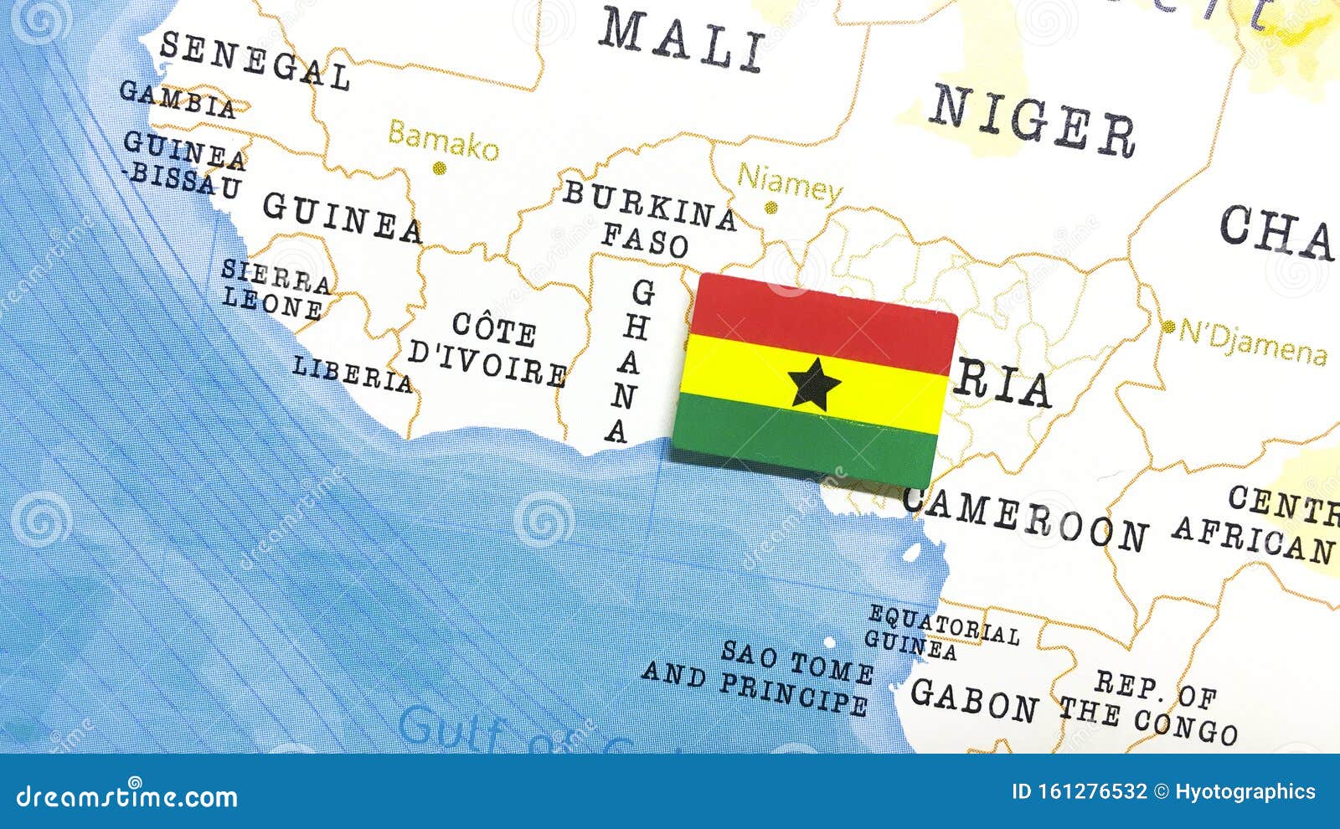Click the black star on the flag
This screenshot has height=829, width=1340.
click(x=814, y=385)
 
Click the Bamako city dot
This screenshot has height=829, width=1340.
click(x=439, y=168)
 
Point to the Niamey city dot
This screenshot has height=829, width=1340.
click(x=770, y=208)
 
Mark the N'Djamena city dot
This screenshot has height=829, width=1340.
click(x=1168, y=327)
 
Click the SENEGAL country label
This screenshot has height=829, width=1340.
click(x=254, y=60)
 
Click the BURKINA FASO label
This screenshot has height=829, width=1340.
click(x=649, y=218)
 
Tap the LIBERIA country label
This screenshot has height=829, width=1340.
click(x=353, y=374)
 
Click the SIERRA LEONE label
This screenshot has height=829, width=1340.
click(x=275, y=290)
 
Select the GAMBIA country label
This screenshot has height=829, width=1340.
click(x=178, y=99)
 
